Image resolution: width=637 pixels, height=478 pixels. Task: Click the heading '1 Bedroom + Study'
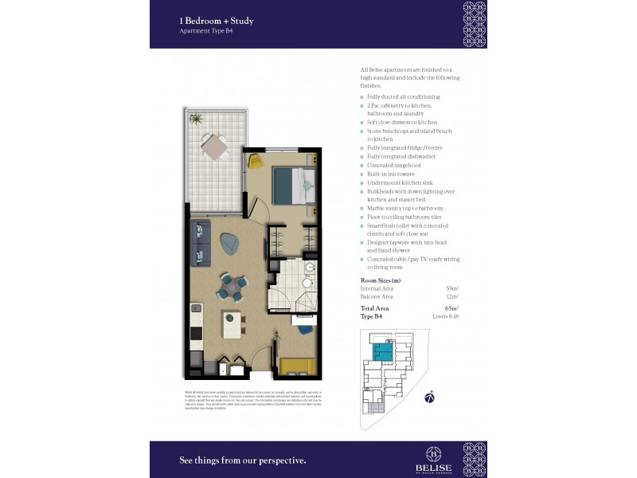click(217, 21)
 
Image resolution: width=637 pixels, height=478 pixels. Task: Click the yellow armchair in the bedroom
click(256, 162)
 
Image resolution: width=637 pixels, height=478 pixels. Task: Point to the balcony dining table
click(213, 147)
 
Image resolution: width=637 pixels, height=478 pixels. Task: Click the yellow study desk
click(297, 366)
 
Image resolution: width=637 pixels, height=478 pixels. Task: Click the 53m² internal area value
click(453, 288)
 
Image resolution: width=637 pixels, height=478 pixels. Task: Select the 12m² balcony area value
click(453, 296)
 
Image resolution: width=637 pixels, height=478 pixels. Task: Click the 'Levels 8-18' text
click(446, 316)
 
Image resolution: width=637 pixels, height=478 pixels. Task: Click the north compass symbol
click(429, 395)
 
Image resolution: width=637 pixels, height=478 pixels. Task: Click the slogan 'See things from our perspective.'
click(242, 460)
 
